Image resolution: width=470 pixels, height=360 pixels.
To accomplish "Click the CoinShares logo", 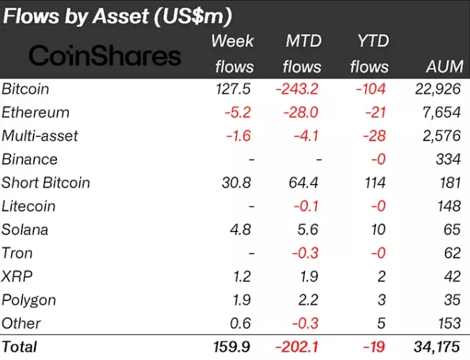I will point(105,56).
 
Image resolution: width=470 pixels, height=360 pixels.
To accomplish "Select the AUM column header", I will point(443,67).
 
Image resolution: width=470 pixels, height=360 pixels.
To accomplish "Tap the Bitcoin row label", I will point(26,90).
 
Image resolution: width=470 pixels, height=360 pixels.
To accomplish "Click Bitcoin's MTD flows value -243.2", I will point(298,90).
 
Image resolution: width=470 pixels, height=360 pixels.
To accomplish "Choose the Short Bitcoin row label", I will point(46,183).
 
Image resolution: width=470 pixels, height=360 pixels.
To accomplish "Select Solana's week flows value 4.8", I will point(243,230).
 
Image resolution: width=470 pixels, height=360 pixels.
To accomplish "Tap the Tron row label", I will point(17,254).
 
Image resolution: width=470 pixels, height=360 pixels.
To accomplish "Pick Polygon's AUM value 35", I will point(452,300).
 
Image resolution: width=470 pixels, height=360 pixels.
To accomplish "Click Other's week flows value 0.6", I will point(243,323).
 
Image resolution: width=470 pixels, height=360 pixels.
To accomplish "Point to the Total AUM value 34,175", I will point(437,346).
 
